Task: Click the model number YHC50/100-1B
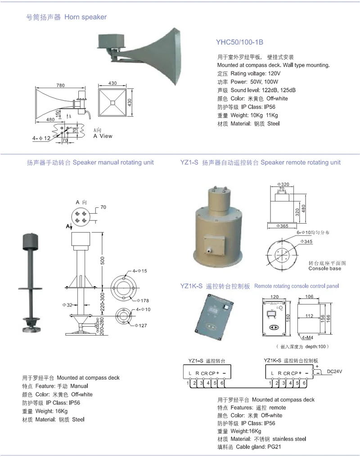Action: tap(239, 42)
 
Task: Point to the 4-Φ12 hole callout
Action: tap(42, 138)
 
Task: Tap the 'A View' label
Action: tap(103, 136)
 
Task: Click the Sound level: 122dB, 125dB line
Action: tap(256, 90)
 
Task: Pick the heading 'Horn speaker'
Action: tap(85, 17)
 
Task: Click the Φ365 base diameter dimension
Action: tap(282, 225)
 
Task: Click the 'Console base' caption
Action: tap(324, 269)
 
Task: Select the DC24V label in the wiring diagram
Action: tap(334, 372)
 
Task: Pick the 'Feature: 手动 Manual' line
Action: tap(55, 386)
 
